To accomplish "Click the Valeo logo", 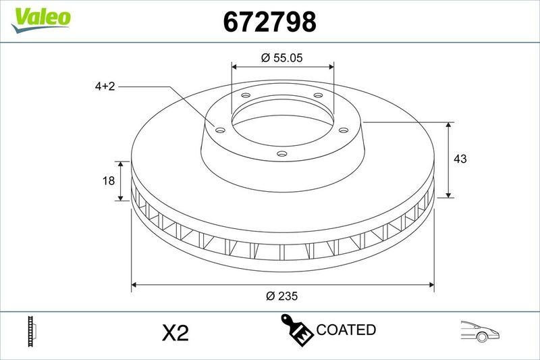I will pos(40,18).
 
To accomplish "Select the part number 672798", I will pos(269,22).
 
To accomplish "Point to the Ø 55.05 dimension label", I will pos(281,58).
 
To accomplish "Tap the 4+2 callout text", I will pos(105,86).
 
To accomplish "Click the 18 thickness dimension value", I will pos(106,181).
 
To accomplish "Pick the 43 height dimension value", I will pos(461,159).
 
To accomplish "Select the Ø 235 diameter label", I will pos(282,296).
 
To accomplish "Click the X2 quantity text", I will pos(175,332).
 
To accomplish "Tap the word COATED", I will pos(346,330).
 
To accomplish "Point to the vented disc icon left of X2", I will pos(31,331).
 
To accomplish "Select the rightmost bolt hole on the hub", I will pos(343,130).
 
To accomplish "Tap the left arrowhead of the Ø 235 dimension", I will pos(135,285).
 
